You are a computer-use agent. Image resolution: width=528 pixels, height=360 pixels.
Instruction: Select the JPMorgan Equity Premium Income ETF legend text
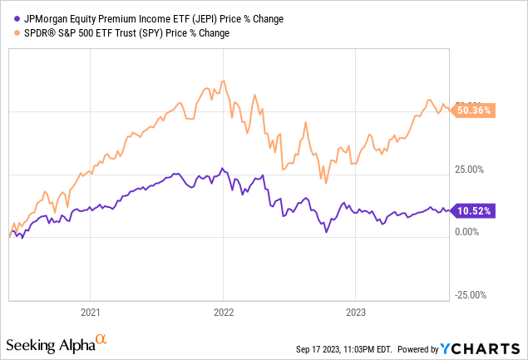[x=123, y=18]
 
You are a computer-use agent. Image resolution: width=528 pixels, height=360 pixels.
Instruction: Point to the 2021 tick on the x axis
[x=91, y=313]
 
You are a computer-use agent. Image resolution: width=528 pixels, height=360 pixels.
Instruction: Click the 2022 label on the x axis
[x=224, y=313]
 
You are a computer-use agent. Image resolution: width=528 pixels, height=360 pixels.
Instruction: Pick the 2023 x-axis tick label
[x=356, y=313]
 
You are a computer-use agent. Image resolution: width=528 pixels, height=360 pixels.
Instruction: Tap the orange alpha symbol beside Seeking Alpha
[x=101, y=340]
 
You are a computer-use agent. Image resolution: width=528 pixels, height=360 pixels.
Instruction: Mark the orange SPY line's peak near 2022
[x=222, y=81]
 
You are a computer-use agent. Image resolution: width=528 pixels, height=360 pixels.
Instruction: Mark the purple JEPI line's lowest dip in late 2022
[x=327, y=233]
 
